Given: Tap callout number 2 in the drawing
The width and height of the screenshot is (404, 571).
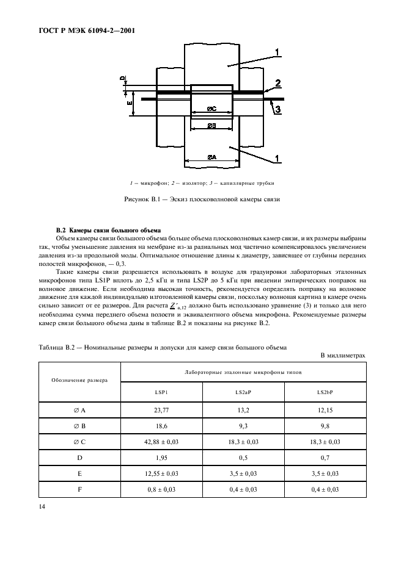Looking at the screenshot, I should tap(277, 82).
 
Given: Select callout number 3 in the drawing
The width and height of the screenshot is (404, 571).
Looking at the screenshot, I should tap(277, 110).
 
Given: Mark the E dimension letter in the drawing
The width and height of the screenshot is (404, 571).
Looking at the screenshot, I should tap(130, 104).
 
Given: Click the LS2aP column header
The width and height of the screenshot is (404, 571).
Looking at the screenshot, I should tap(243, 392).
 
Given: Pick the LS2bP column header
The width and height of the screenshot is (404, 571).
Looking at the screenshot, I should tap(325, 392).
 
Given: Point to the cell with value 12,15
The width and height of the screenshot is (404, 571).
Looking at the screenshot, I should tap(325, 412).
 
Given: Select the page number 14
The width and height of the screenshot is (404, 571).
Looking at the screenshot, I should tap(42, 506).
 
